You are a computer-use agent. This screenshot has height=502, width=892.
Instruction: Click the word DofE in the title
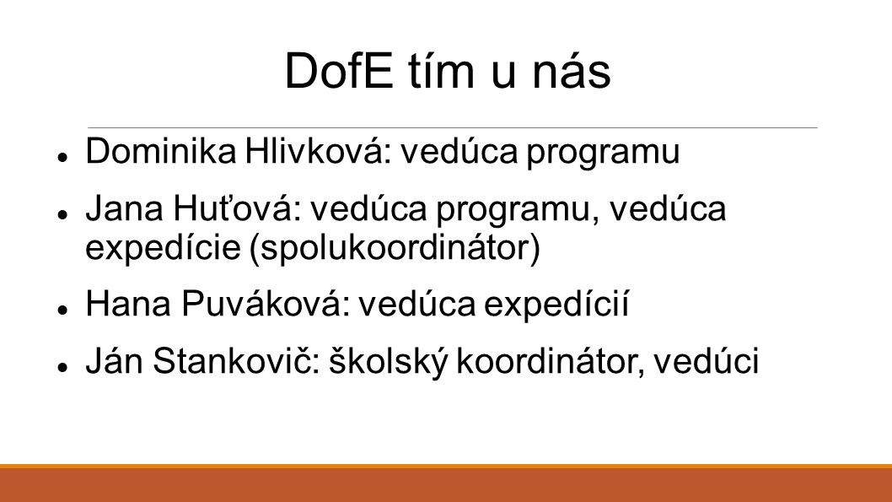tap(339, 71)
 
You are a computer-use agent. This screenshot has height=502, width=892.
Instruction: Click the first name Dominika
tap(161, 151)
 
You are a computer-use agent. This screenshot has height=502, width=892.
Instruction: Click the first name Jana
tap(125, 208)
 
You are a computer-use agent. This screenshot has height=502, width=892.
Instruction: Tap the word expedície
tap(163, 248)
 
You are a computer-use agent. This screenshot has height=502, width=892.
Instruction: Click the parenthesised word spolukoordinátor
tap(395, 248)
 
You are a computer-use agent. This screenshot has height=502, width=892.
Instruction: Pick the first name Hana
tap(128, 304)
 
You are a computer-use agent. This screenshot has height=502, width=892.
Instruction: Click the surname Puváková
tap(265, 304)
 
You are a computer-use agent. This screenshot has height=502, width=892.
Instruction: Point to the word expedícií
tap(556, 305)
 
